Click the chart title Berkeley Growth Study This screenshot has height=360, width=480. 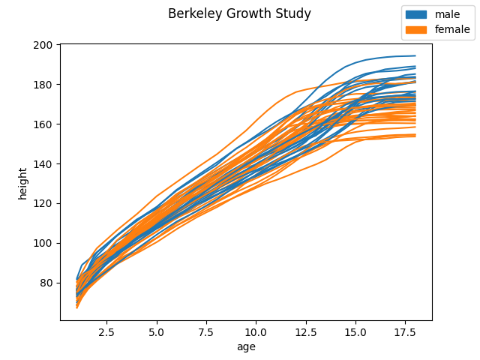(x=239, y=14)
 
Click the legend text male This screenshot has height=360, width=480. (x=448, y=14)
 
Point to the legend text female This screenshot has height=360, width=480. (x=452, y=30)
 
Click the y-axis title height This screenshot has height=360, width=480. (x=23, y=183)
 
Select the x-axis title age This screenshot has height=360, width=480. (x=246, y=347)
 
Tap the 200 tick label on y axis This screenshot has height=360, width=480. (x=43, y=45)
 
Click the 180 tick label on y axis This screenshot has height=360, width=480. (x=43, y=85)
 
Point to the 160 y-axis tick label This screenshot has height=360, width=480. (x=43, y=124)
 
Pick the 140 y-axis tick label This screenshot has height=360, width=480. (x=43, y=164)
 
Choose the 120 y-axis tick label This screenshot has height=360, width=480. (x=43, y=204)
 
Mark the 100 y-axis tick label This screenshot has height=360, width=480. (x=43, y=244)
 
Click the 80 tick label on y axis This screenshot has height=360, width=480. (x=45, y=283)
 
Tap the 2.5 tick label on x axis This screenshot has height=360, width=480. (x=107, y=331)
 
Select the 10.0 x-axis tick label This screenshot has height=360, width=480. (x=256, y=331)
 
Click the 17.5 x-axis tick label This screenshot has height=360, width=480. (x=405, y=331)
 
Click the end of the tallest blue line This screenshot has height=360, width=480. (x=415, y=55)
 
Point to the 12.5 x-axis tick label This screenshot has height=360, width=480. (x=306, y=331)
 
